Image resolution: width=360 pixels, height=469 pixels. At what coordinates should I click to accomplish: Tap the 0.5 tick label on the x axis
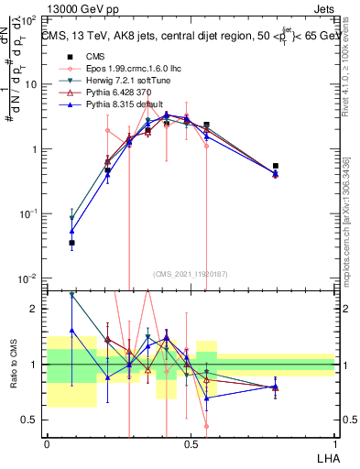[x=191, y=443]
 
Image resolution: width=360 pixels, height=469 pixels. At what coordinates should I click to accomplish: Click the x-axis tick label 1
[x=334, y=443]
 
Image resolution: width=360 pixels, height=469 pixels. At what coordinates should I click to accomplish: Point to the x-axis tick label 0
[x=47, y=443]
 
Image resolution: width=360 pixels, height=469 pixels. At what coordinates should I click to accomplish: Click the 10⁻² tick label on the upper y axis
[x=27, y=278]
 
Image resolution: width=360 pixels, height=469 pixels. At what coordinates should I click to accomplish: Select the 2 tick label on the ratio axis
[x=35, y=309]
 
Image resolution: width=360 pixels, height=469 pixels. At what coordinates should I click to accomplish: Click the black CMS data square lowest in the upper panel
[x=71, y=243]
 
